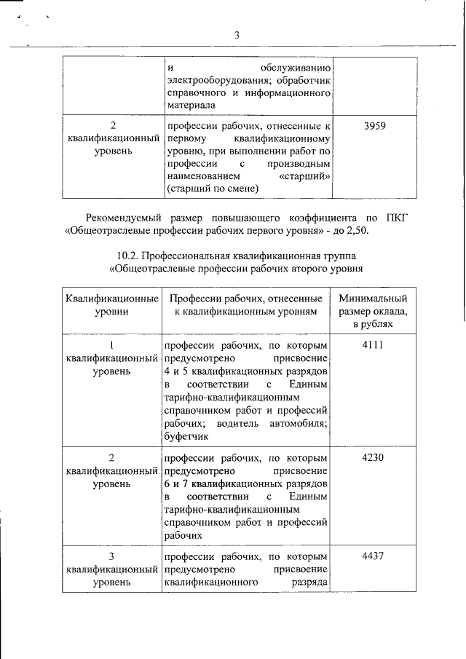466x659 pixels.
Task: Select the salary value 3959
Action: tap(374, 125)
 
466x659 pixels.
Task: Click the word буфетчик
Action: tap(187, 437)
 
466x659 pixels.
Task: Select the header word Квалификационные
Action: tap(112, 299)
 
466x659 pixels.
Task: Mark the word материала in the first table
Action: tap(188, 107)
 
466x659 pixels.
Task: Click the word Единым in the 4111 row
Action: tap(308, 384)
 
